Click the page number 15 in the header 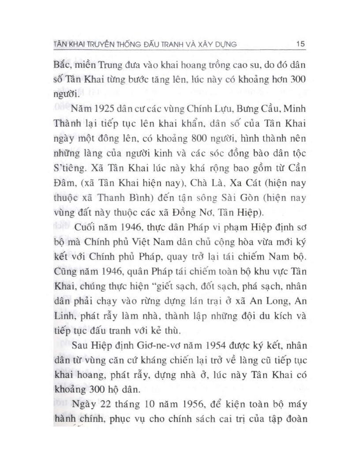coord(302,44)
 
